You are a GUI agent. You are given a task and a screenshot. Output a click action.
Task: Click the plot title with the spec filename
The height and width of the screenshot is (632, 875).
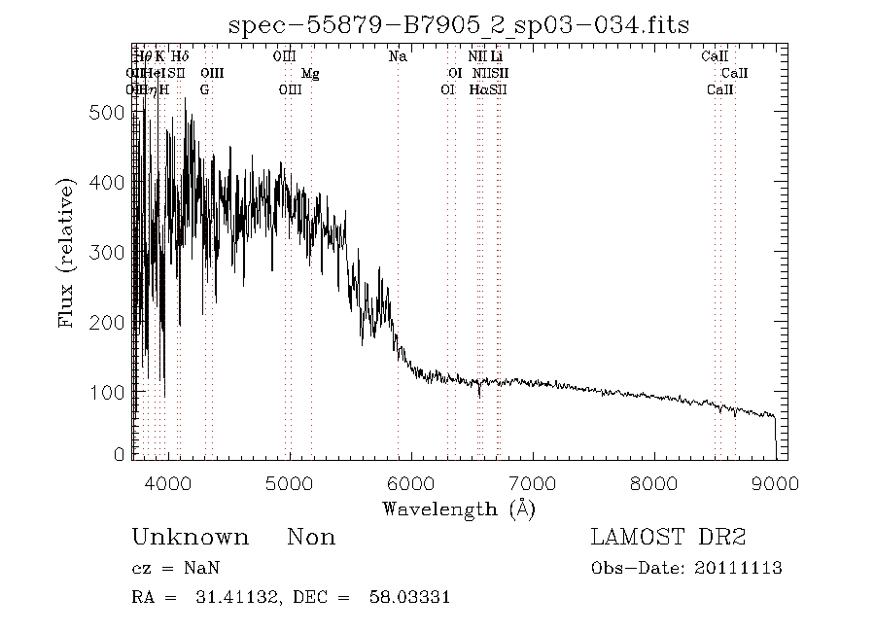point(458,24)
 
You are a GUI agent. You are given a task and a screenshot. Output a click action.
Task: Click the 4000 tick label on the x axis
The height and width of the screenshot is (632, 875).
point(168,484)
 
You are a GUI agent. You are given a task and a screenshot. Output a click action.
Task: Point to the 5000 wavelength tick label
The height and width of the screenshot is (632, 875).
point(290,484)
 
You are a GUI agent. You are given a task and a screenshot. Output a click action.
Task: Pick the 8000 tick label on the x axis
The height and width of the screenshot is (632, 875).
point(653,484)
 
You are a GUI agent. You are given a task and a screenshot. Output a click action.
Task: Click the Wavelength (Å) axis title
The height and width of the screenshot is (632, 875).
point(458,509)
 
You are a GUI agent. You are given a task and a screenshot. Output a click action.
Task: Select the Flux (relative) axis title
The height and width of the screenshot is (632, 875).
point(68,252)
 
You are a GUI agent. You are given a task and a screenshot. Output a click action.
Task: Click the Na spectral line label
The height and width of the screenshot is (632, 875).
point(398,57)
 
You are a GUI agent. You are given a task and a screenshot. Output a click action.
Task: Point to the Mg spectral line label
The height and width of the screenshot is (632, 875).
point(310,74)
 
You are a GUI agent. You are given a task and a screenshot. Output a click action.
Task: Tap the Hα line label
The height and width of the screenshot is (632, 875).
point(478,89)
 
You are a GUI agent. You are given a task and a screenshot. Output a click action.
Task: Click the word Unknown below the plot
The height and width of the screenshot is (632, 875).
point(190,538)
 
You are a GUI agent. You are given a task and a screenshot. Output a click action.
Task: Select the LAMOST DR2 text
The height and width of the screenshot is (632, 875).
point(668,538)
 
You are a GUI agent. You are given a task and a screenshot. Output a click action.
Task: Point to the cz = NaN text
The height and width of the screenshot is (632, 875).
point(168,569)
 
